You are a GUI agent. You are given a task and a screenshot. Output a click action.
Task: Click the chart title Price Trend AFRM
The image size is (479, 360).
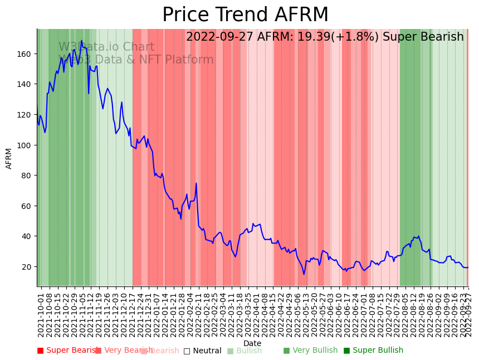[x=245, y=15]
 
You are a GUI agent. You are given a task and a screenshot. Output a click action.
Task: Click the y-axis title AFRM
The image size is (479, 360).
[x=9, y=158]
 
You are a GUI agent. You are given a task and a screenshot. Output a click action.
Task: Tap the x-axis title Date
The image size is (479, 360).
[x=252, y=343]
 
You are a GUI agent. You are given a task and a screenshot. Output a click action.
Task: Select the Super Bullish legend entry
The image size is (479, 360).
[x=373, y=351]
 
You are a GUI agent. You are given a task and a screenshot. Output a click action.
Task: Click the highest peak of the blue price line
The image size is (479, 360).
[x=81, y=41]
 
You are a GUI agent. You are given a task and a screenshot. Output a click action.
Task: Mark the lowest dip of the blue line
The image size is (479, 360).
[x=304, y=274]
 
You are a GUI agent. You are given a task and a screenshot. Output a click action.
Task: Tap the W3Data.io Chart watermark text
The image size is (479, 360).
[x=106, y=47]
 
